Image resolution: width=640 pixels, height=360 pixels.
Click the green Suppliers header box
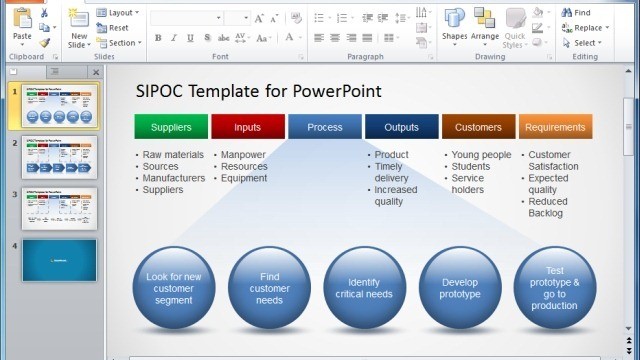click(171, 127)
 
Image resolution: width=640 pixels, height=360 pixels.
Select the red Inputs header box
click(247, 127)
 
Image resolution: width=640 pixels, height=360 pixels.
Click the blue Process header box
click(325, 127)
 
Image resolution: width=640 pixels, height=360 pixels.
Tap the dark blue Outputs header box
click(401, 127)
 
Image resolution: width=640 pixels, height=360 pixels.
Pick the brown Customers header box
click(478, 127)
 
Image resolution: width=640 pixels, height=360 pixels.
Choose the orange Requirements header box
click(555, 127)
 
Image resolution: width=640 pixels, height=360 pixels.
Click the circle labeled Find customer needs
click(269, 288)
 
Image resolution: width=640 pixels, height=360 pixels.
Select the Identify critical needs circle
click(364, 288)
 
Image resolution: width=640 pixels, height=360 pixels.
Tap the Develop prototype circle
click(460, 288)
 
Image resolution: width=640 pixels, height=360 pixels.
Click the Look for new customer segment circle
click(173, 288)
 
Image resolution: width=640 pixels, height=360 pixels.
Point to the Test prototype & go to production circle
click(555, 288)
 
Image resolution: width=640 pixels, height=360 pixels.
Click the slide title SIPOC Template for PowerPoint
click(258, 91)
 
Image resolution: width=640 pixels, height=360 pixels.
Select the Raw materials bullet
click(172, 155)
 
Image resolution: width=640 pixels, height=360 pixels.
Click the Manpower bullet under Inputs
click(243, 155)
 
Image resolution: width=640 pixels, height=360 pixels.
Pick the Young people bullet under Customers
click(481, 155)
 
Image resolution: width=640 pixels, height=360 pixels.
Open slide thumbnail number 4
click(59, 260)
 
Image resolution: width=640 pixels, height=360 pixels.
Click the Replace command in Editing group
click(588, 28)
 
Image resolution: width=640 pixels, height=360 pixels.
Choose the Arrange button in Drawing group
click(485, 24)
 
